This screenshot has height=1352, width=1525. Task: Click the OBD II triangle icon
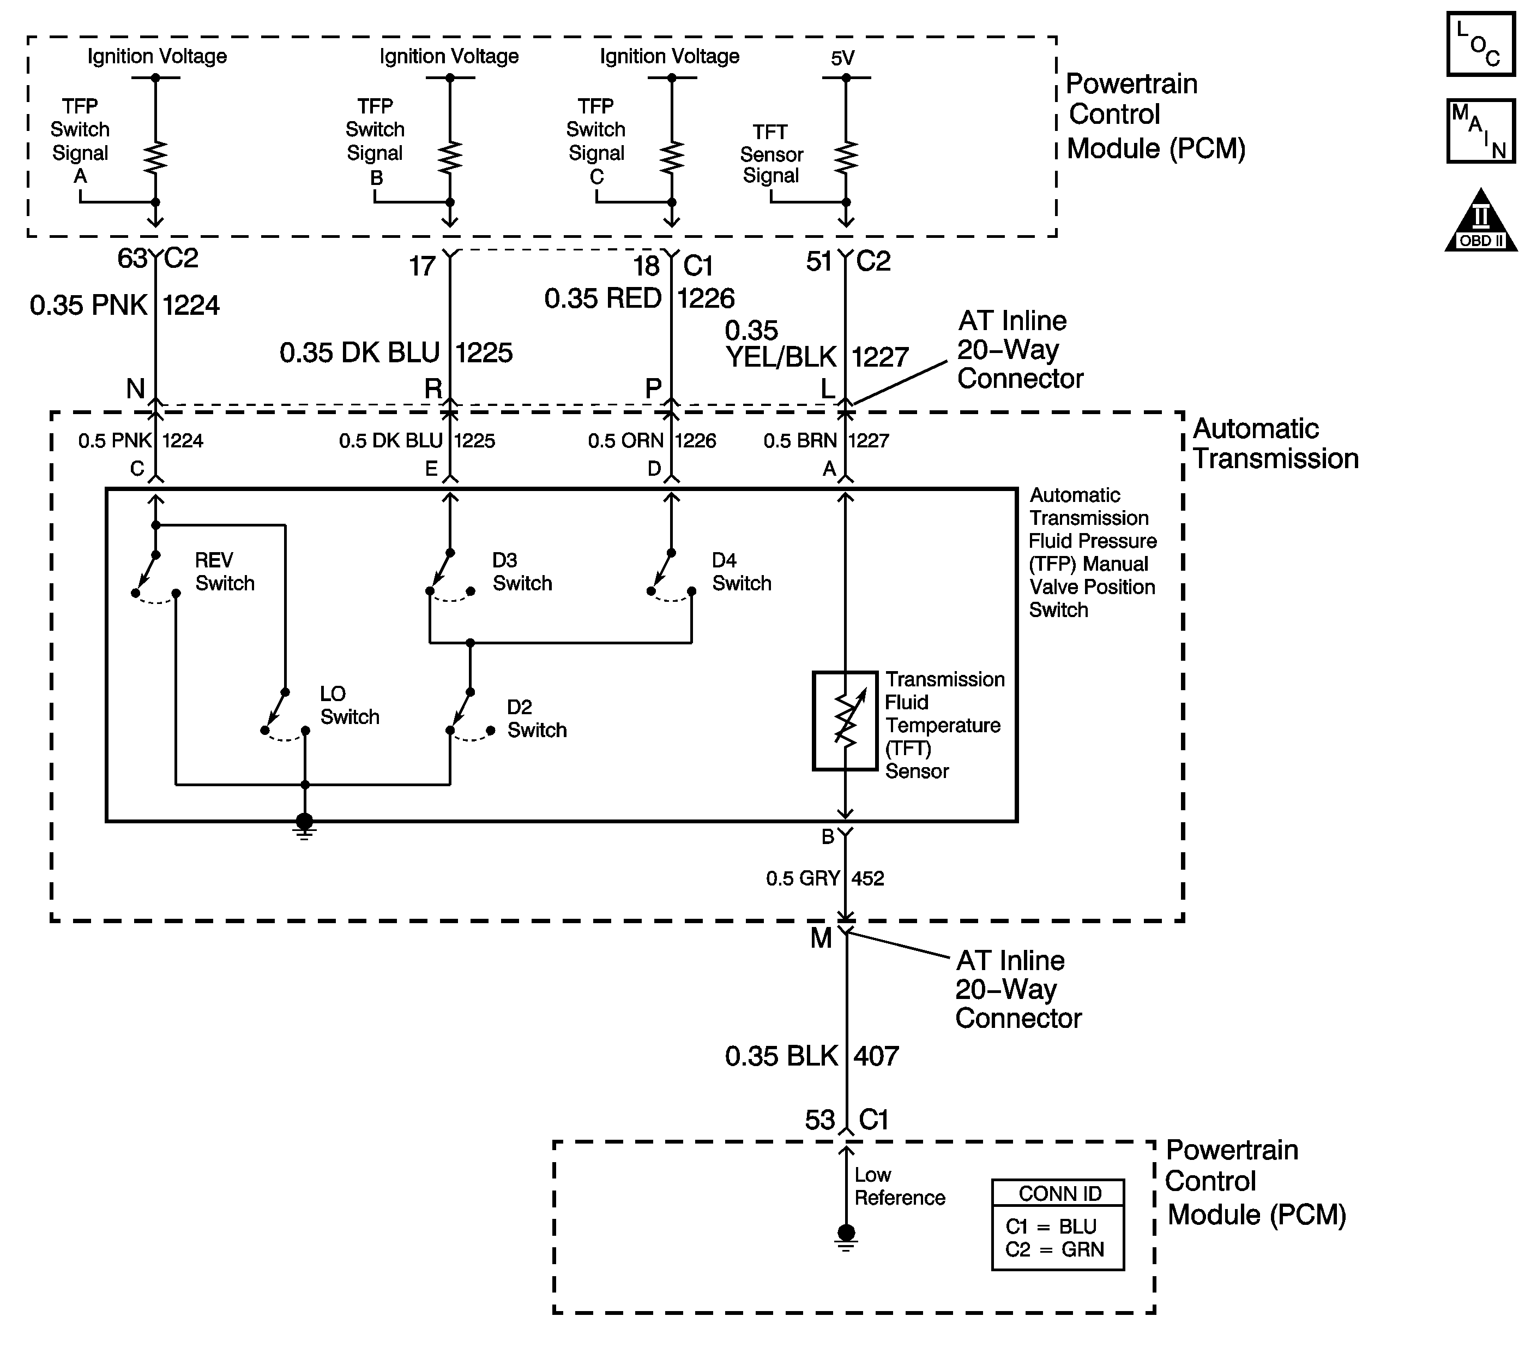1481,220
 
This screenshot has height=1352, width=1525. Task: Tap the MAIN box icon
1481,130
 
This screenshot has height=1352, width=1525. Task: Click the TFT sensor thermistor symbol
845,720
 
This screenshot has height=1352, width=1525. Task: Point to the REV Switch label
225,571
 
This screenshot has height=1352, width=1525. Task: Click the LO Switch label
349,705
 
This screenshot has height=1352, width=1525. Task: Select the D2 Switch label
537,718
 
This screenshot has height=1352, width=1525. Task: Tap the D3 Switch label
522,571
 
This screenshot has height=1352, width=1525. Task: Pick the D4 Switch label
742,571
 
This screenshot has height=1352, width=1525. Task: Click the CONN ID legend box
1058,1224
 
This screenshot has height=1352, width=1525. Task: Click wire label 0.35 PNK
89,306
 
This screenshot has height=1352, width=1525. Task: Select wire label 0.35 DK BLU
360,352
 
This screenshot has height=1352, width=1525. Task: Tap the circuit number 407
877,1056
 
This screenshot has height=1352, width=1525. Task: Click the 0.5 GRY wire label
803,878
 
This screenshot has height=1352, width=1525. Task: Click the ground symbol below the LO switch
304,825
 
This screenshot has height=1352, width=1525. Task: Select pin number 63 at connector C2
132,258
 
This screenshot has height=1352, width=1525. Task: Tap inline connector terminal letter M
821,938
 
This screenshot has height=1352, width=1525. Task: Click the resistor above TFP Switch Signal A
155,157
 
